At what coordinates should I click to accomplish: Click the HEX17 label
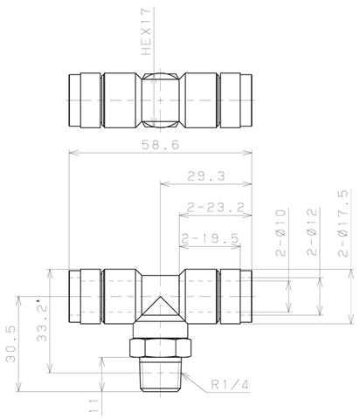pyautogui.click(x=146, y=31)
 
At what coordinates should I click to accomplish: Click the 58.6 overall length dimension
pyautogui.click(x=160, y=145)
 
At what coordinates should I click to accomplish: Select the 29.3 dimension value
pyautogui.click(x=206, y=176)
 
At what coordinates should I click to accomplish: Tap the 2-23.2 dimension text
pyautogui.click(x=216, y=208)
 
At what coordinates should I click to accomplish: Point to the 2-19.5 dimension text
pyautogui.click(x=211, y=238)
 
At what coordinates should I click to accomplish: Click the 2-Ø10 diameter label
pyautogui.click(x=280, y=232)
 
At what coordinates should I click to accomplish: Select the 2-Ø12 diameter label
pyautogui.click(x=312, y=232)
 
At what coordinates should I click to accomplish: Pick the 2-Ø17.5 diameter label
pyautogui.click(x=343, y=223)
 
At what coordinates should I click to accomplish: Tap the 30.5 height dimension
pyautogui.click(x=11, y=344)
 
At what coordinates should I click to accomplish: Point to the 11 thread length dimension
pyautogui.click(x=93, y=405)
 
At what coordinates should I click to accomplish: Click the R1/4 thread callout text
pyautogui.click(x=230, y=385)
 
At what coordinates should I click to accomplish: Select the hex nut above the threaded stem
pyautogui.click(x=160, y=347)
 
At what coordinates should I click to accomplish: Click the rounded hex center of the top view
pyautogui.click(x=160, y=100)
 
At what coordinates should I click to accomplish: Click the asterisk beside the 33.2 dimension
pyautogui.click(x=38, y=300)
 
